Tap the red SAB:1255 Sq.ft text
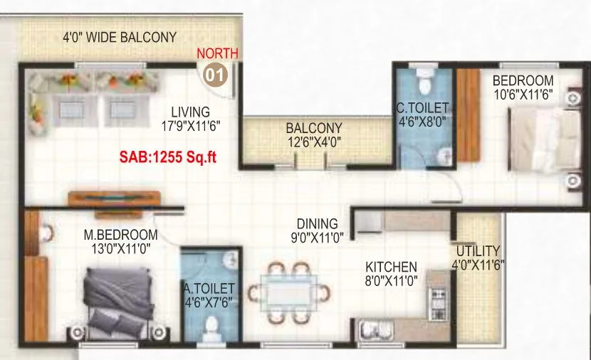tap(167, 157)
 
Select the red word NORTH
tap(218, 53)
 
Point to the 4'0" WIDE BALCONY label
tap(120, 37)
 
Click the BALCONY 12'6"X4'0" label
tap(314, 134)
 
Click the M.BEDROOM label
tap(120, 241)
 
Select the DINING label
tap(318, 230)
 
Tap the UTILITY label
tap(478, 257)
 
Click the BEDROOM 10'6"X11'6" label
tap(523, 86)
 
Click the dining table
tap(289, 292)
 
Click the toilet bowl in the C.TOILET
tap(426, 83)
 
